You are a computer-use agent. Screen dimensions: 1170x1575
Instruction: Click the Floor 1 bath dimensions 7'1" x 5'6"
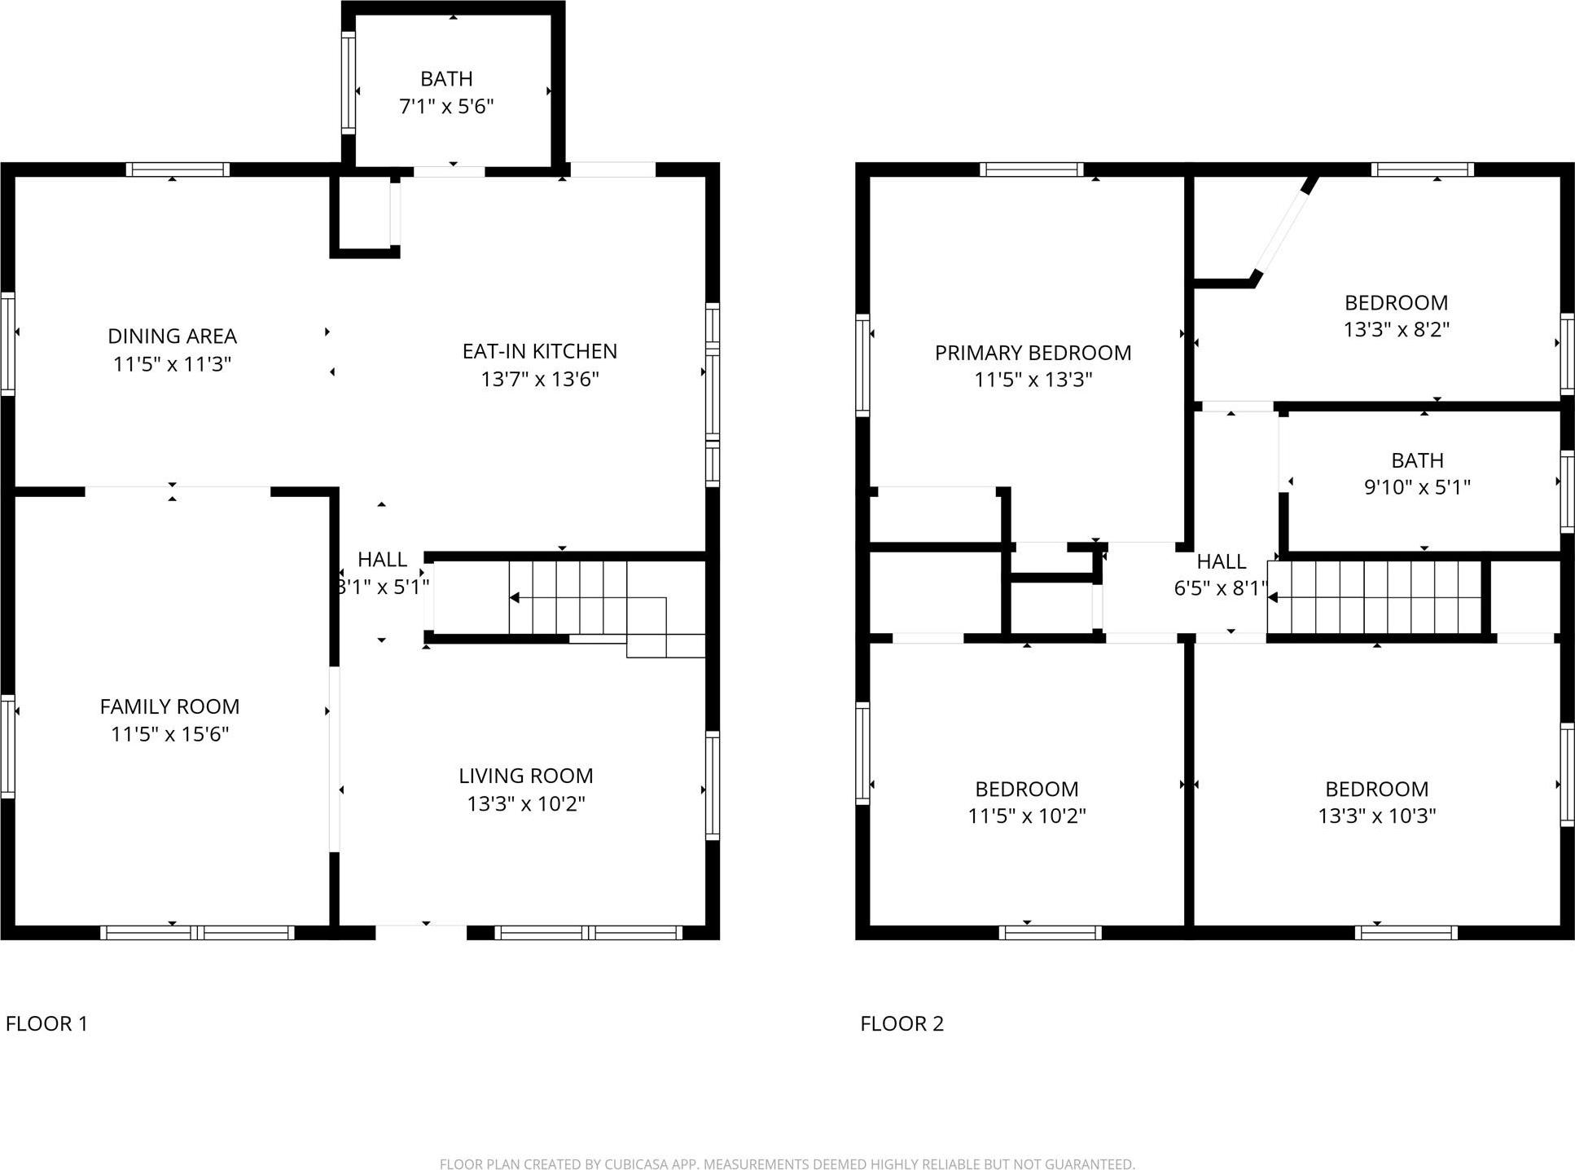pyautogui.click(x=446, y=107)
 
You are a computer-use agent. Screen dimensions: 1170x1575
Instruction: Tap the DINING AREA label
pyautogui.click(x=172, y=336)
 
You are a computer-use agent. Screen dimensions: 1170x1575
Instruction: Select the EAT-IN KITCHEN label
pyautogui.click(x=539, y=351)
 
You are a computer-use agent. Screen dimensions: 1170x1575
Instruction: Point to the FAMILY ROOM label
pyautogui.click(x=169, y=706)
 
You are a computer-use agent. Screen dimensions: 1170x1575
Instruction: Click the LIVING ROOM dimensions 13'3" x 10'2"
pyautogui.click(x=525, y=804)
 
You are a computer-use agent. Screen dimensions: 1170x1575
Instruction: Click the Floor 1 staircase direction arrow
pyautogui.click(x=515, y=598)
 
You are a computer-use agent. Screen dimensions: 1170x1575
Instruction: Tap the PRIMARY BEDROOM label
pyautogui.click(x=1033, y=353)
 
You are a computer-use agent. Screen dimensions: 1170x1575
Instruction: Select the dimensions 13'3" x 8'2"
pyautogui.click(x=1396, y=330)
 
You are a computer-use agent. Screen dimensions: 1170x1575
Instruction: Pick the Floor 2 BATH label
pyautogui.click(x=1417, y=460)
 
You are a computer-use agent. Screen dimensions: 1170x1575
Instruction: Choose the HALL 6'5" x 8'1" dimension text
pyautogui.click(x=1220, y=588)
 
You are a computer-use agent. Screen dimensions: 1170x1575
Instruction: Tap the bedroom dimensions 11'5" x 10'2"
pyautogui.click(x=1026, y=816)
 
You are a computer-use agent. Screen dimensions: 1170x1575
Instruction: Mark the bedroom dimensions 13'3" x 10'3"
pyautogui.click(x=1376, y=816)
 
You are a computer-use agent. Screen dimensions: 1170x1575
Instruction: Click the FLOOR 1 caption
pyautogui.click(x=46, y=1023)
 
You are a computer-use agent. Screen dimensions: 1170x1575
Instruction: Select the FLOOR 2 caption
pyautogui.click(x=902, y=1023)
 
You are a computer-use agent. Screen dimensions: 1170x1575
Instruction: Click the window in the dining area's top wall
pyautogui.click(x=178, y=169)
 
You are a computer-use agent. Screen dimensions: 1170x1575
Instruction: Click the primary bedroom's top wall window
pyautogui.click(x=1031, y=169)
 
